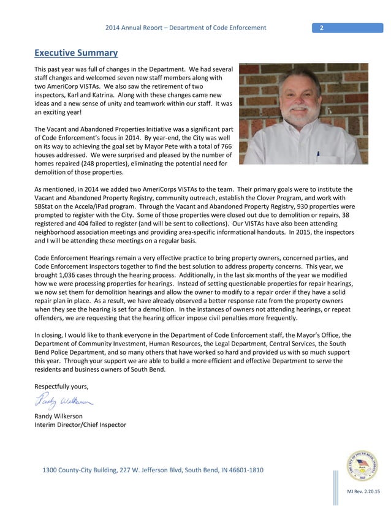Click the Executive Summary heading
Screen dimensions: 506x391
click(x=76, y=53)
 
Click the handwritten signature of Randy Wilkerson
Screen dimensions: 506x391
click(x=64, y=401)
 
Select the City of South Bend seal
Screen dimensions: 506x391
click(x=362, y=466)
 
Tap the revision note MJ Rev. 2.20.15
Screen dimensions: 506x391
click(x=363, y=492)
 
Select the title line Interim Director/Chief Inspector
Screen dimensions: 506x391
click(x=80, y=425)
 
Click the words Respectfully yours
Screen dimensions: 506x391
click(x=61, y=386)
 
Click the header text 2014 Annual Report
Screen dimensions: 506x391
click(x=139, y=28)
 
